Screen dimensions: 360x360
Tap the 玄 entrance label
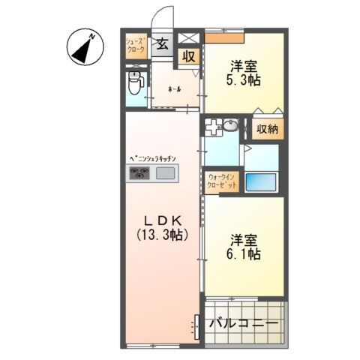click(161, 43)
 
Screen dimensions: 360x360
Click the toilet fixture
click(135, 82)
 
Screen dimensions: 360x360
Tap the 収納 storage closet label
click(267, 129)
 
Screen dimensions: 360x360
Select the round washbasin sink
click(231, 126)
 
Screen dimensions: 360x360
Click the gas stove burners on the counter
click(139, 174)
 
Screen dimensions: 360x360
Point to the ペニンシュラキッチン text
click(152, 159)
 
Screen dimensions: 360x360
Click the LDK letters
click(161, 220)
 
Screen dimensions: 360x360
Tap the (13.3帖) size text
click(161, 234)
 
